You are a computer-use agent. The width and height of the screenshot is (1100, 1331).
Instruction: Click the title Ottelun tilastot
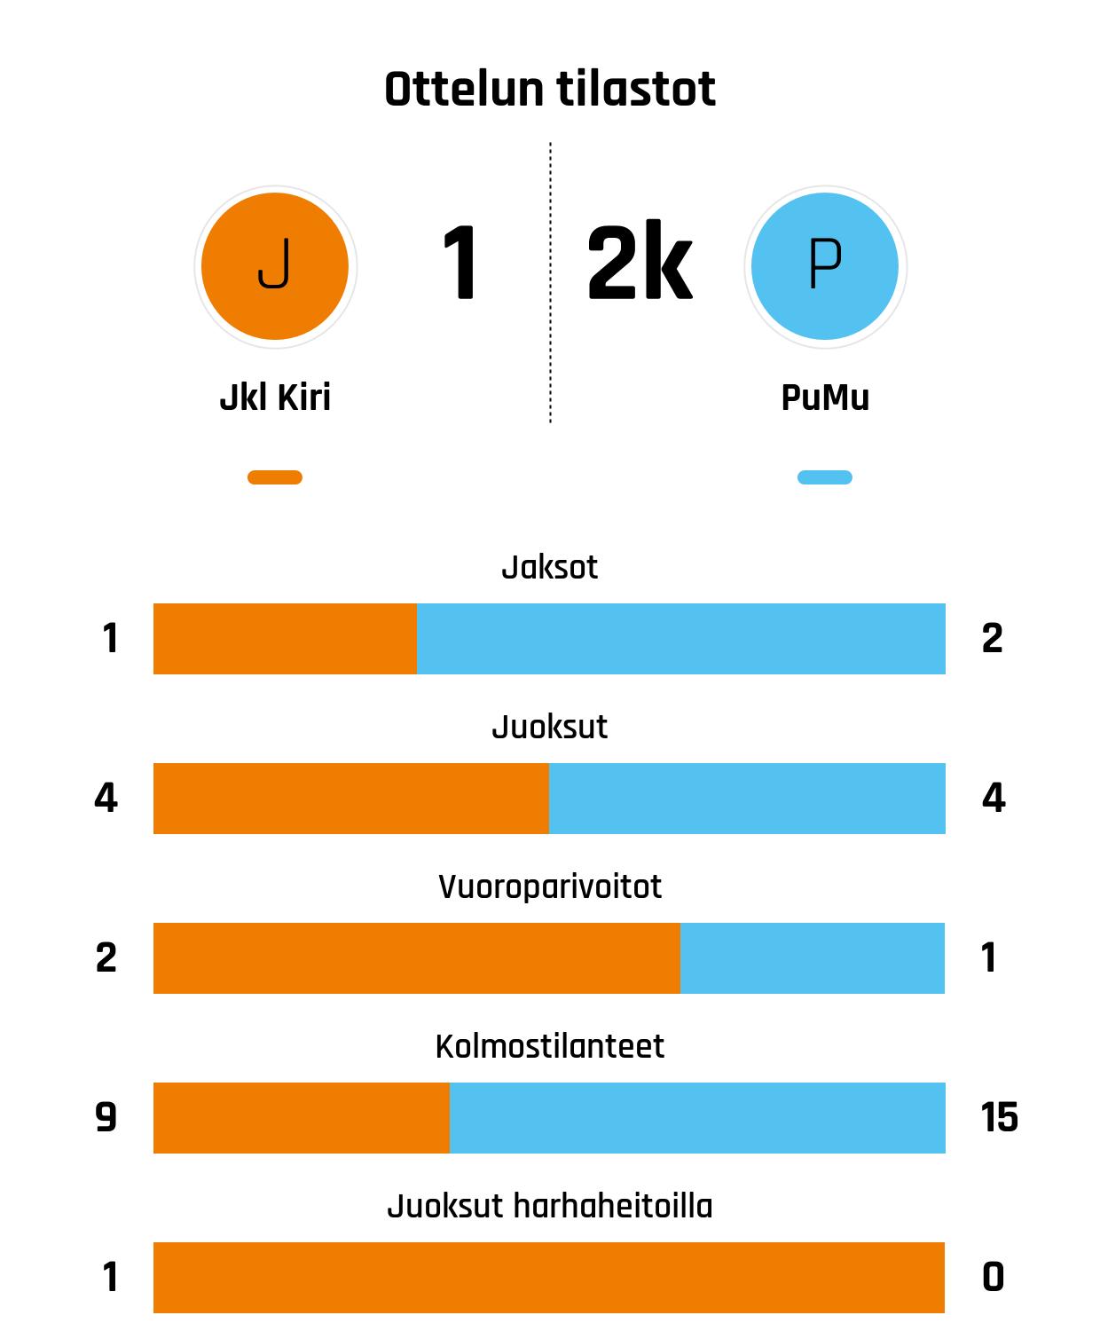click(550, 90)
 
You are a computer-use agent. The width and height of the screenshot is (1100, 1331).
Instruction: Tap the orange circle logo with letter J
click(275, 266)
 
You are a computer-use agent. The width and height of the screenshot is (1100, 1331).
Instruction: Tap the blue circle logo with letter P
click(825, 266)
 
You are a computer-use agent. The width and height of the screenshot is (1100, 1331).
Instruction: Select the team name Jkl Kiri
click(275, 398)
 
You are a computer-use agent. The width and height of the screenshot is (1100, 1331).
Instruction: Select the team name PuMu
click(825, 398)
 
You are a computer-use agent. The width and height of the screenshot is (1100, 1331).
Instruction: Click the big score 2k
click(639, 264)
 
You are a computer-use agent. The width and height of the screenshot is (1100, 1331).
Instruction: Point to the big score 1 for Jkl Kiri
click(460, 264)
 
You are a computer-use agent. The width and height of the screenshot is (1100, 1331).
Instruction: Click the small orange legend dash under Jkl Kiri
click(275, 477)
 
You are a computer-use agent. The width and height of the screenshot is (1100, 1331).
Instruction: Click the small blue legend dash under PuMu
click(825, 477)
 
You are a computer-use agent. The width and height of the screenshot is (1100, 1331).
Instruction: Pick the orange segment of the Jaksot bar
click(285, 639)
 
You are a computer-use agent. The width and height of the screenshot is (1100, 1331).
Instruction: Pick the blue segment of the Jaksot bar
click(680, 639)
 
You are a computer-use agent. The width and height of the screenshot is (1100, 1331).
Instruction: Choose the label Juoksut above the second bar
click(550, 728)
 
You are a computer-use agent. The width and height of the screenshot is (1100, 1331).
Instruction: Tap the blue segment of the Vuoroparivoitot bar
click(812, 958)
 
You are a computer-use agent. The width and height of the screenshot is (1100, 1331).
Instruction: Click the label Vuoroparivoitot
click(550, 887)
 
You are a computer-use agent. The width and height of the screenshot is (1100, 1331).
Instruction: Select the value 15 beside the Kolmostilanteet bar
click(999, 1117)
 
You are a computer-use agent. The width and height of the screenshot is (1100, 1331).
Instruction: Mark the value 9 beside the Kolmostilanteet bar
click(106, 1117)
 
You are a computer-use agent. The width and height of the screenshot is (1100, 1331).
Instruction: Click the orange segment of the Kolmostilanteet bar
click(302, 1118)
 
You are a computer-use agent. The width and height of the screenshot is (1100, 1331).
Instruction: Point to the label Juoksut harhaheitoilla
click(550, 1207)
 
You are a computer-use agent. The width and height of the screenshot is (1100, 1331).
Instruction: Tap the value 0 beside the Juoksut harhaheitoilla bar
click(994, 1278)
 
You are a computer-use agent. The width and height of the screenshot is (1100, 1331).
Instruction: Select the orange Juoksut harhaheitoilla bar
click(549, 1278)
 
